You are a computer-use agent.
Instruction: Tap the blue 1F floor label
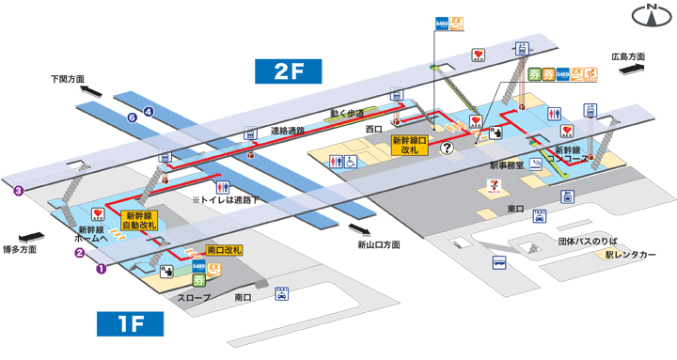pyautogui.click(x=131, y=324)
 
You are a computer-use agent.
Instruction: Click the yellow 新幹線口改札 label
pyautogui.click(x=410, y=145)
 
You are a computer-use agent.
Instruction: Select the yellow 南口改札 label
pyautogui.click(x=224, y=250)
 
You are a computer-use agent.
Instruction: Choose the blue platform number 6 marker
pyautogui.click(x=133, y=117)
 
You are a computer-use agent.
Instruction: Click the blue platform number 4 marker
pyautogui.click(x=149, y=112)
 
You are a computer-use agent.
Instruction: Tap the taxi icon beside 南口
pyautogui.click(x=280, y=296)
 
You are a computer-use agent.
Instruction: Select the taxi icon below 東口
pyautogui.click(x=540, y=216)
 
